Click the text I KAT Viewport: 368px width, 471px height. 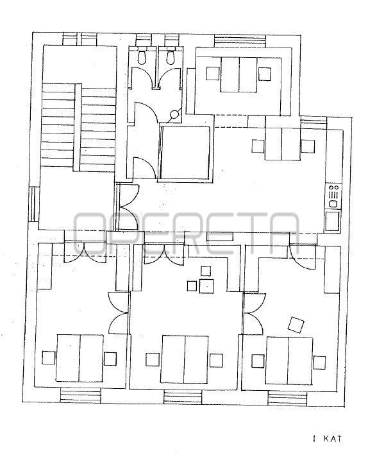tap(327, 438)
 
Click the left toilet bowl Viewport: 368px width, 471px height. tap(142, 57)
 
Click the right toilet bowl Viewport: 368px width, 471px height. tap(171, 57)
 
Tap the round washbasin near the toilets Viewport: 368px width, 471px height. tap(174, 114)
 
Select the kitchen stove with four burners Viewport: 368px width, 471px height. tap(333, 196)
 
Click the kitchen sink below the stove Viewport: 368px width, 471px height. tap(332, 221)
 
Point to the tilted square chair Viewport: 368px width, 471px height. tap(296, 325)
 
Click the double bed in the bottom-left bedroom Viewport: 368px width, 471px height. tap(80, 358)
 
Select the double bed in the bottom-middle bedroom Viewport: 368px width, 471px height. tap(185, 359)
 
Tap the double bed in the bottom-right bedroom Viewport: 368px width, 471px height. tap(289, 361)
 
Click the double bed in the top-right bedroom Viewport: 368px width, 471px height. tap(239, 74)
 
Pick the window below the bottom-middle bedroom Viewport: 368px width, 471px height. tap(183, 397)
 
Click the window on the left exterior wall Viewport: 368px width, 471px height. tap(34, 204)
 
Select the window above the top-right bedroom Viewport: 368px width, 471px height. tap(240, 41)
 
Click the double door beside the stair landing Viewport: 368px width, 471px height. tap(129, 207)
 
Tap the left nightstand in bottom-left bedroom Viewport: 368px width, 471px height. tap(48, 358)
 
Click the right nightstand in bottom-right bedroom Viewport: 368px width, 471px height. tap(319, 363)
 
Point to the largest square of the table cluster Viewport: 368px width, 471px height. tap(206, 286)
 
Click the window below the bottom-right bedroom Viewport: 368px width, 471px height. tap(288, 399)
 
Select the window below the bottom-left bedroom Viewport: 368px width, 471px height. tap(80, 395)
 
